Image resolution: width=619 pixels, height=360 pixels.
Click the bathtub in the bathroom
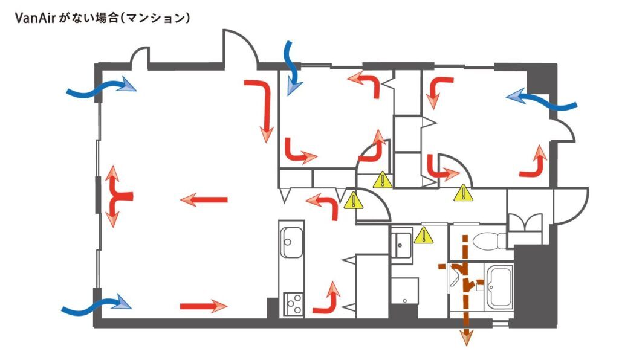click(x=500, y=286)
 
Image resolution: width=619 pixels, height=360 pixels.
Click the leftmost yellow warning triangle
click(x=352, y=201)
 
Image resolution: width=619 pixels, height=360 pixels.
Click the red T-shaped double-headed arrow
click(x=117, y=197)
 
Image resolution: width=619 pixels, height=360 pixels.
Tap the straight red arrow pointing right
click(x=204, y=306)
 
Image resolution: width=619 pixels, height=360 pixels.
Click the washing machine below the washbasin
click(x=404, y=291)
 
